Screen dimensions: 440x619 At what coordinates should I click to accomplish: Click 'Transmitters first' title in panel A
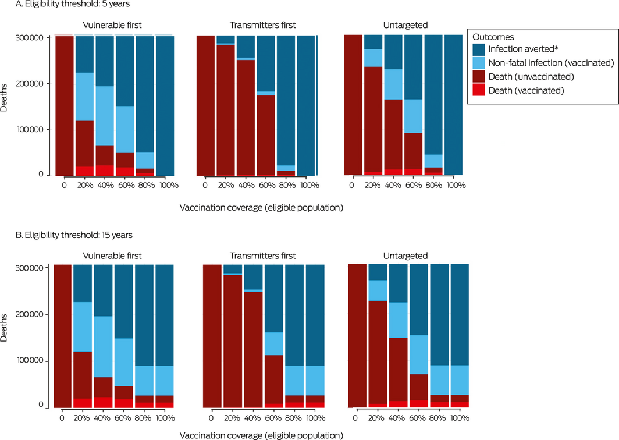click(x=257, y=26)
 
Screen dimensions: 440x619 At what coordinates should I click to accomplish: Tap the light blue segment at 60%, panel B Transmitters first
click(x=273, y=343)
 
